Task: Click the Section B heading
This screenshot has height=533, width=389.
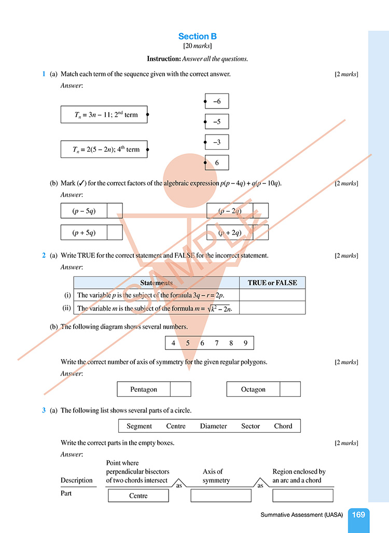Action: (x=197, y=36)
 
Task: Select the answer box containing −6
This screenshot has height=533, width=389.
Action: (x=217, y=101)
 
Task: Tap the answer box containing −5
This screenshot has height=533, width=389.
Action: (x=217, y=122)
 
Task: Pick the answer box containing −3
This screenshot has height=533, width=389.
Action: (x=217, y=142)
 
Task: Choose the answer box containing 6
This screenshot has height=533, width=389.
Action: (x=217, y=163)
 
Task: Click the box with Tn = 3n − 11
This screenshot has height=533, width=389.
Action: (x=104, y=114)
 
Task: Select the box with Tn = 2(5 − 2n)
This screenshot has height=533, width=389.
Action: (x=104, y=149)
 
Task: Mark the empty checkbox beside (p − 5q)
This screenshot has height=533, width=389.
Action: (x=115, y=211)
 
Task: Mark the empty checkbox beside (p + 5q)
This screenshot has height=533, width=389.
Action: (x=115, y=232)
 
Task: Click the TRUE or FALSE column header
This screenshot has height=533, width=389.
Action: (x=272, y=283)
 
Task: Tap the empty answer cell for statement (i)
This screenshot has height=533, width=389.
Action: (x=272, y=295)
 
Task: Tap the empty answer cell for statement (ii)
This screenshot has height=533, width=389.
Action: (x=272, y=308)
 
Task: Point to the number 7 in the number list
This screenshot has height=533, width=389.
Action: (x=217, y=343)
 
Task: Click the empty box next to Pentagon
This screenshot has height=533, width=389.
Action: (x=180, y=389)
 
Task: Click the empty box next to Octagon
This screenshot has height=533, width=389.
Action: (x=290, y=389)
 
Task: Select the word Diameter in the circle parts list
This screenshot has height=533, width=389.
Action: (x=213, y=426)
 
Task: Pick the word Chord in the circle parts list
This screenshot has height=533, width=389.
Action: (x=283, y=426)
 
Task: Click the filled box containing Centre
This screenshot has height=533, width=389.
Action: (x=138, y=496)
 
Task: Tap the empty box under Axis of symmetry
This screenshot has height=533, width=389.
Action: (x=221, y=496)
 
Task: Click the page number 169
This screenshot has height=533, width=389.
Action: (x=358, y=515)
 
